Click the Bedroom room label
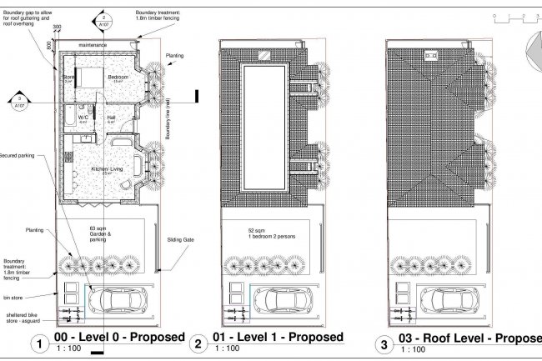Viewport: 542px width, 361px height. (x=118, y=77)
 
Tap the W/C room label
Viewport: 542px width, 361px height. (x=83, y=118)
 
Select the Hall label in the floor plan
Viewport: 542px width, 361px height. (x=111, y=118)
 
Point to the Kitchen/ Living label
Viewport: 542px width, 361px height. (x=107, y=169)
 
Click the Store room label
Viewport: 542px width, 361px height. (x=68, y=78)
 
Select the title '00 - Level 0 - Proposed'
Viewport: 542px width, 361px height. (x=118, y=337)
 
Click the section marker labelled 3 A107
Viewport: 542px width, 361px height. (x=19, y=103)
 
